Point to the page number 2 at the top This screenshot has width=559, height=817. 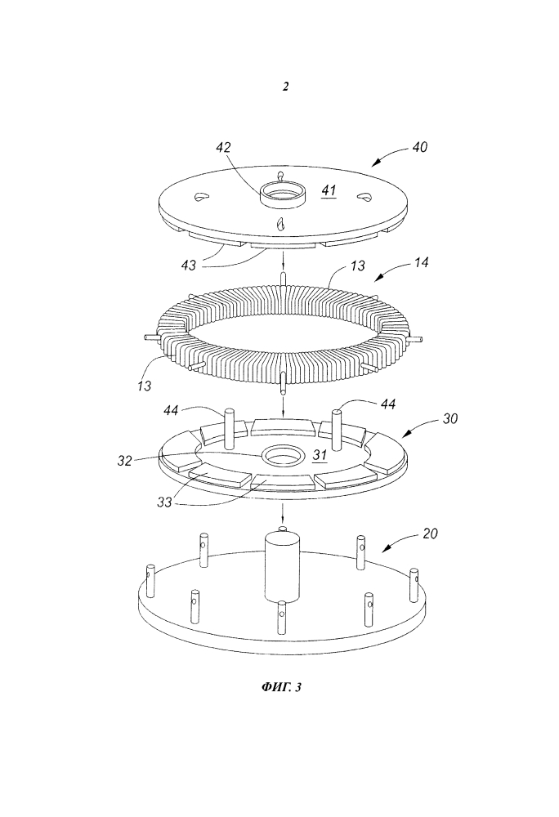[284, 87]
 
